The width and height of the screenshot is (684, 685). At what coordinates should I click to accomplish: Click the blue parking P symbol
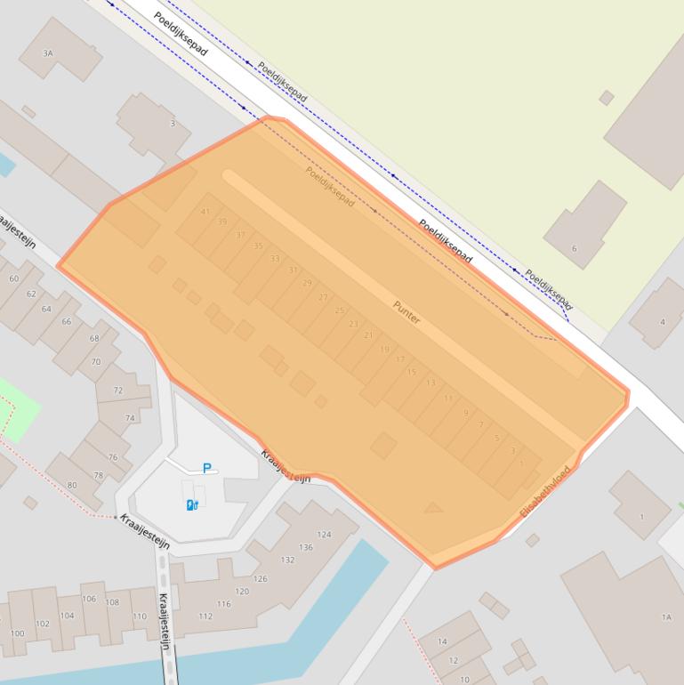[x=207, y=468]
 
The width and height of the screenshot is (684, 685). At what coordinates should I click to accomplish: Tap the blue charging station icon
[x=191, y=505]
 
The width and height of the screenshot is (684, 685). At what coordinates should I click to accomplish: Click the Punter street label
[x=406, y=311]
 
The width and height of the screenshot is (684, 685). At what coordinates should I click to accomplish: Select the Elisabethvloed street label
[x=543, y=492]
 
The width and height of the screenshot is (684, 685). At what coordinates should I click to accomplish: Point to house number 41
[x=205, y=212]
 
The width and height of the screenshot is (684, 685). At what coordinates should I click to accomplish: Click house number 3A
[x=48, y=53]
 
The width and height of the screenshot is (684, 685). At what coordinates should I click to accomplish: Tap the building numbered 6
[x=575, y=248]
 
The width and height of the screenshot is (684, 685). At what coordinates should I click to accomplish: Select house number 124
[x=324, y=535]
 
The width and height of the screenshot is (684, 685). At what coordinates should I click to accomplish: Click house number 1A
[x=666, y=616]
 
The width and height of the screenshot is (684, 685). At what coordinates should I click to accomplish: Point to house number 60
[x=13, y=278]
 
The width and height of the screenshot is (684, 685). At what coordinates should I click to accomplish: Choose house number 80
[x=72, y=485]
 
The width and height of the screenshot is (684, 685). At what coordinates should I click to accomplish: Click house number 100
[x=17, y=633]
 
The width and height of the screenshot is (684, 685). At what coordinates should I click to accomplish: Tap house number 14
[x=442, y=641]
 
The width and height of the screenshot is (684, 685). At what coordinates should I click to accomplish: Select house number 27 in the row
[x=323, y=297]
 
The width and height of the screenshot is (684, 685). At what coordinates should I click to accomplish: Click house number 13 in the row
[x=431, y=383]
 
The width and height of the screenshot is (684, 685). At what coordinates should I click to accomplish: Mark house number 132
[x=287, y=560]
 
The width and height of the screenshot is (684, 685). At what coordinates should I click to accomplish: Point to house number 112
[x=205, y=616]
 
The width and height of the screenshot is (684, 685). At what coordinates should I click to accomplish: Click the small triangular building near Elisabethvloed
[x=433, y=508]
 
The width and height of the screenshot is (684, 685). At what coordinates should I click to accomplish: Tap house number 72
[x=118, y=391]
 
